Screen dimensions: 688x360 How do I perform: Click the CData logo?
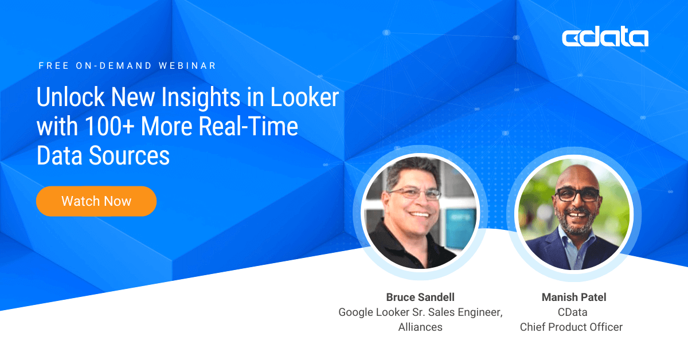(x=605, y=37)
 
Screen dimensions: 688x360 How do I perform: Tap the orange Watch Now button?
(x=96, y=201)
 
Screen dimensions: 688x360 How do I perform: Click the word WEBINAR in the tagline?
(x=187, y=66)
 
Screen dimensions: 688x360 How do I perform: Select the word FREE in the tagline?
(x=54, y=66)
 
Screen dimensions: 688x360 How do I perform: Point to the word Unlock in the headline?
(x=71, y=97)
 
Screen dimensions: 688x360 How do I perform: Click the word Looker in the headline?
(x=304, y=97)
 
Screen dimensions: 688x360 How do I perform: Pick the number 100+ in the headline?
(x=110, y=126)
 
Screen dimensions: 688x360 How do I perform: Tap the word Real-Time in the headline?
(x=248, y=126)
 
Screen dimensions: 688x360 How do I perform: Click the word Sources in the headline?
(x=129, y=155)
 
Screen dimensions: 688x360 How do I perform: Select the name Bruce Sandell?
(x=420, y=297)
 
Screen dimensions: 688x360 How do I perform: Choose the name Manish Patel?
(x=574, y=297)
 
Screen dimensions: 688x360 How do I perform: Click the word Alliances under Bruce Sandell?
(x=420, y=327)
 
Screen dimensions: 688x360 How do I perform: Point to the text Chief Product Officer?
(x=571, y=327)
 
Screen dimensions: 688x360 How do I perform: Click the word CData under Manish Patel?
(x=573, y=312)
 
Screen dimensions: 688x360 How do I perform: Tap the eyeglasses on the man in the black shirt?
(x=415, y=194)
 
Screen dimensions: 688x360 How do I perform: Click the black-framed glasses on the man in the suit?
(x=577, y=195)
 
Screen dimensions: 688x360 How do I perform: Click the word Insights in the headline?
(x=201, y=97)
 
